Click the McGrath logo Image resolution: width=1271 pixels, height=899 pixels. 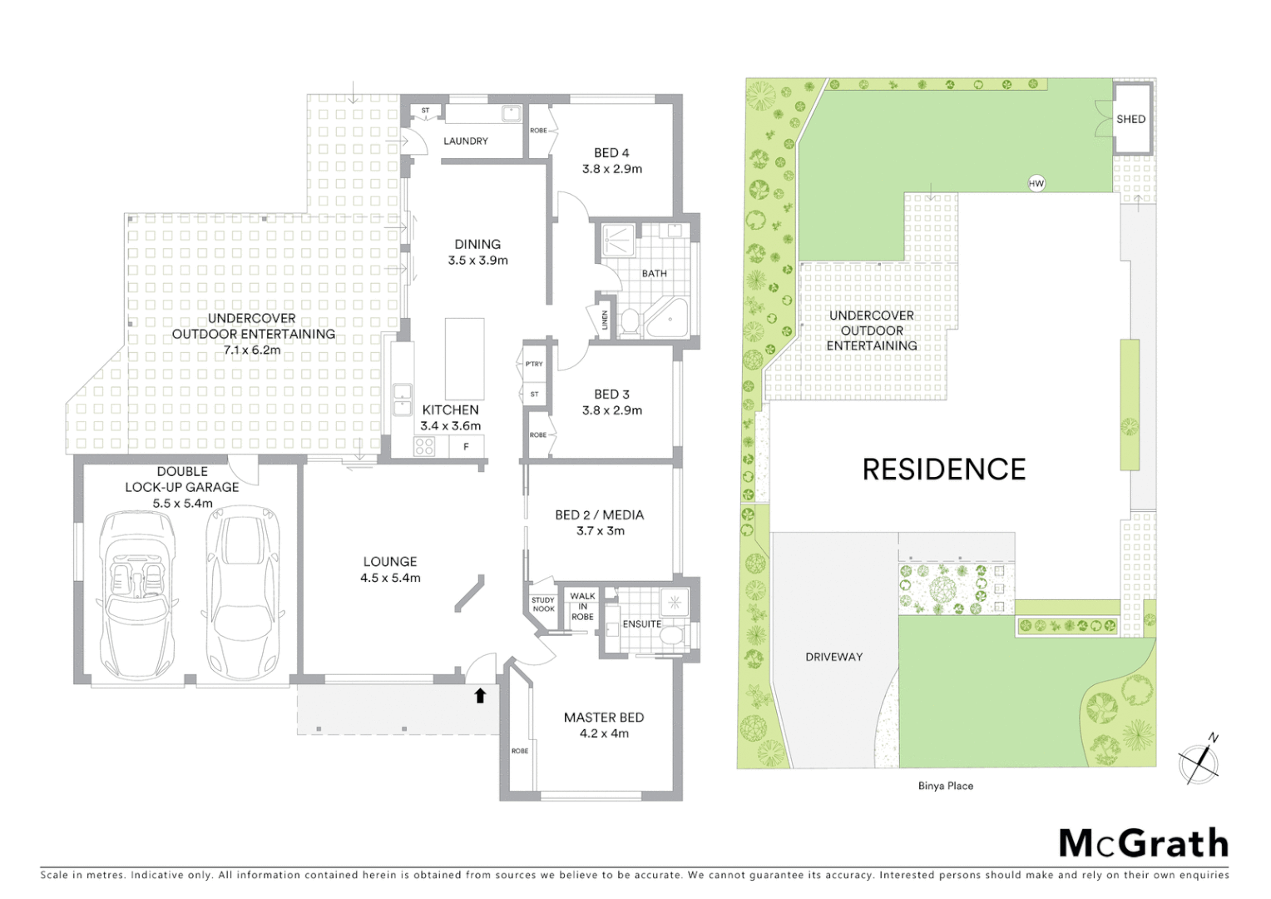(x=1143, y=843)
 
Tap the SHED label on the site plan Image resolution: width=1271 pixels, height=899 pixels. (x=1130, y=119)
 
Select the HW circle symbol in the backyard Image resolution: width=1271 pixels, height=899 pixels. (x=1036, y=183)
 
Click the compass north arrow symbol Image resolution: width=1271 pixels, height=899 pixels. (x=1199, y=760)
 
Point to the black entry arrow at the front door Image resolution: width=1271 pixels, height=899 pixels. (x=480, y=695)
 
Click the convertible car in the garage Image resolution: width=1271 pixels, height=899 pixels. (x=137, y=594)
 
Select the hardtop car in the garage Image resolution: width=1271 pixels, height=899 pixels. (x=242, y=594)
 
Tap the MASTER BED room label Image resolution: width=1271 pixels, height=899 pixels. (x=603, y=718)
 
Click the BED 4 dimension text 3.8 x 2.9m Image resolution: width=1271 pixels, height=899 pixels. (x=611, y=169)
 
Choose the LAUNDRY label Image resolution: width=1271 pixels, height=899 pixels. (x=465, y=142)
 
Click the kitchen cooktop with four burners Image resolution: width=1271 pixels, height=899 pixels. (x=424, y=446)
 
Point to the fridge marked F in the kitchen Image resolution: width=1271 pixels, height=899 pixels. (x=466, y=447)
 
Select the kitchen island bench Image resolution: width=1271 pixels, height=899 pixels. (x=464, y=359)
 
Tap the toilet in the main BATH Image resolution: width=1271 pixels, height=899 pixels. (x=629, y=321)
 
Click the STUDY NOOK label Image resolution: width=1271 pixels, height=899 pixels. (x=542, y=604)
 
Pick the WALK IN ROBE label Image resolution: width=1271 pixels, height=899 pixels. (x=582, y=606)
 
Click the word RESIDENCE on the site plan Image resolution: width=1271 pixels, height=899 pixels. (x=943, y=469)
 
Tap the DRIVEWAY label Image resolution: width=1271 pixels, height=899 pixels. (x=833, y=657)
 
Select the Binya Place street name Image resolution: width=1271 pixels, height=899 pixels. (x=945, y=786)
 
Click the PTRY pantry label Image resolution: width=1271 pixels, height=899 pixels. (x=534, y=364)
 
